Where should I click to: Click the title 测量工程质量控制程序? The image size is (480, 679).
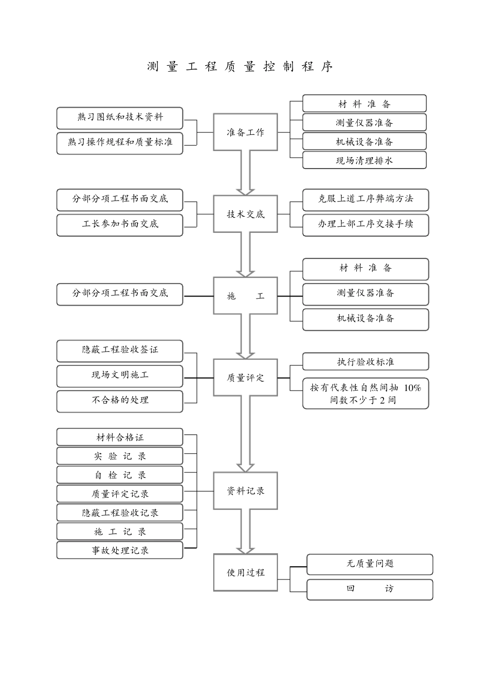pyautogui.click(x=240, y=67)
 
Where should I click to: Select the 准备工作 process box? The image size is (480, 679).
pyautogui.click(x=246, y=132)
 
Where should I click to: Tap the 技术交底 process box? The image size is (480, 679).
pyautogui.click(x=246, y=214)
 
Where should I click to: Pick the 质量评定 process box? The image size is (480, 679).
pyautogui.click(x=246, y=377)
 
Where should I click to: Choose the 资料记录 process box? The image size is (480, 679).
pyautogui.click(x=246, y=491)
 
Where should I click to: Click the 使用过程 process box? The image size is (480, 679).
pyautogui.click(x=246, y=572)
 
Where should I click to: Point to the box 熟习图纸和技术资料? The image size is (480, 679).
pyautogui.click(x=120, y=117)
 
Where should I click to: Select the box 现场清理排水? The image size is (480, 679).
pyautogui.click(x=364, y=161)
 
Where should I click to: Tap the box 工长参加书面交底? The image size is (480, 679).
pyautogui.click(x=120, y=224)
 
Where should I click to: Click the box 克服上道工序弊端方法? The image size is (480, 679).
pyautogui.click(x=365, y=199)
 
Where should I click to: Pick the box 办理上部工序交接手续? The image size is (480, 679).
pyautogui.click(x=365, y=224)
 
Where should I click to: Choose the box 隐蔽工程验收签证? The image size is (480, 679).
pyautogui.click(x=120, y=350)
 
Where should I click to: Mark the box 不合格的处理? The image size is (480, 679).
pyautogui.click(x=120, y=400)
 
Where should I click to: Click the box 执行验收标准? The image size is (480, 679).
pyautogui.click(x=365, y=362)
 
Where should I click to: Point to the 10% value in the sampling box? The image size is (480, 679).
pyautogui.click(x=412, y=388)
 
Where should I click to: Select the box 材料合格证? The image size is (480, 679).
pyautogui.click(x=120, y=438)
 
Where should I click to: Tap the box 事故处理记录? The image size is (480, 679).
pyautogui.click(x=120, y=550)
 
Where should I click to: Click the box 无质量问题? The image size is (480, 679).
pyautogui.click(x=370, y=564)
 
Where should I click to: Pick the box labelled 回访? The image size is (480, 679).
pyautogui.click(x=370, y=589)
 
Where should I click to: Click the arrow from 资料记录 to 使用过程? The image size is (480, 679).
pyautogui.click(x=246, y=531)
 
